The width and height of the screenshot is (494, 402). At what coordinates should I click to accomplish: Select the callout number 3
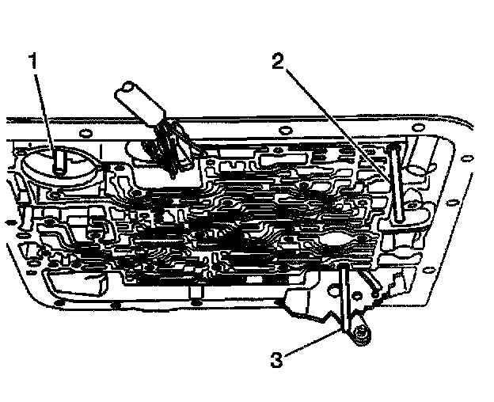click(276, 359)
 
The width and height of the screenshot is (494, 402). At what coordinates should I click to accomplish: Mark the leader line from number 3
click(313, 347)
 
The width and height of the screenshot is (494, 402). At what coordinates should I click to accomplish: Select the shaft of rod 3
click(348, 297)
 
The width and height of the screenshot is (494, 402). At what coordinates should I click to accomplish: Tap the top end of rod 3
click(346, 270)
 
